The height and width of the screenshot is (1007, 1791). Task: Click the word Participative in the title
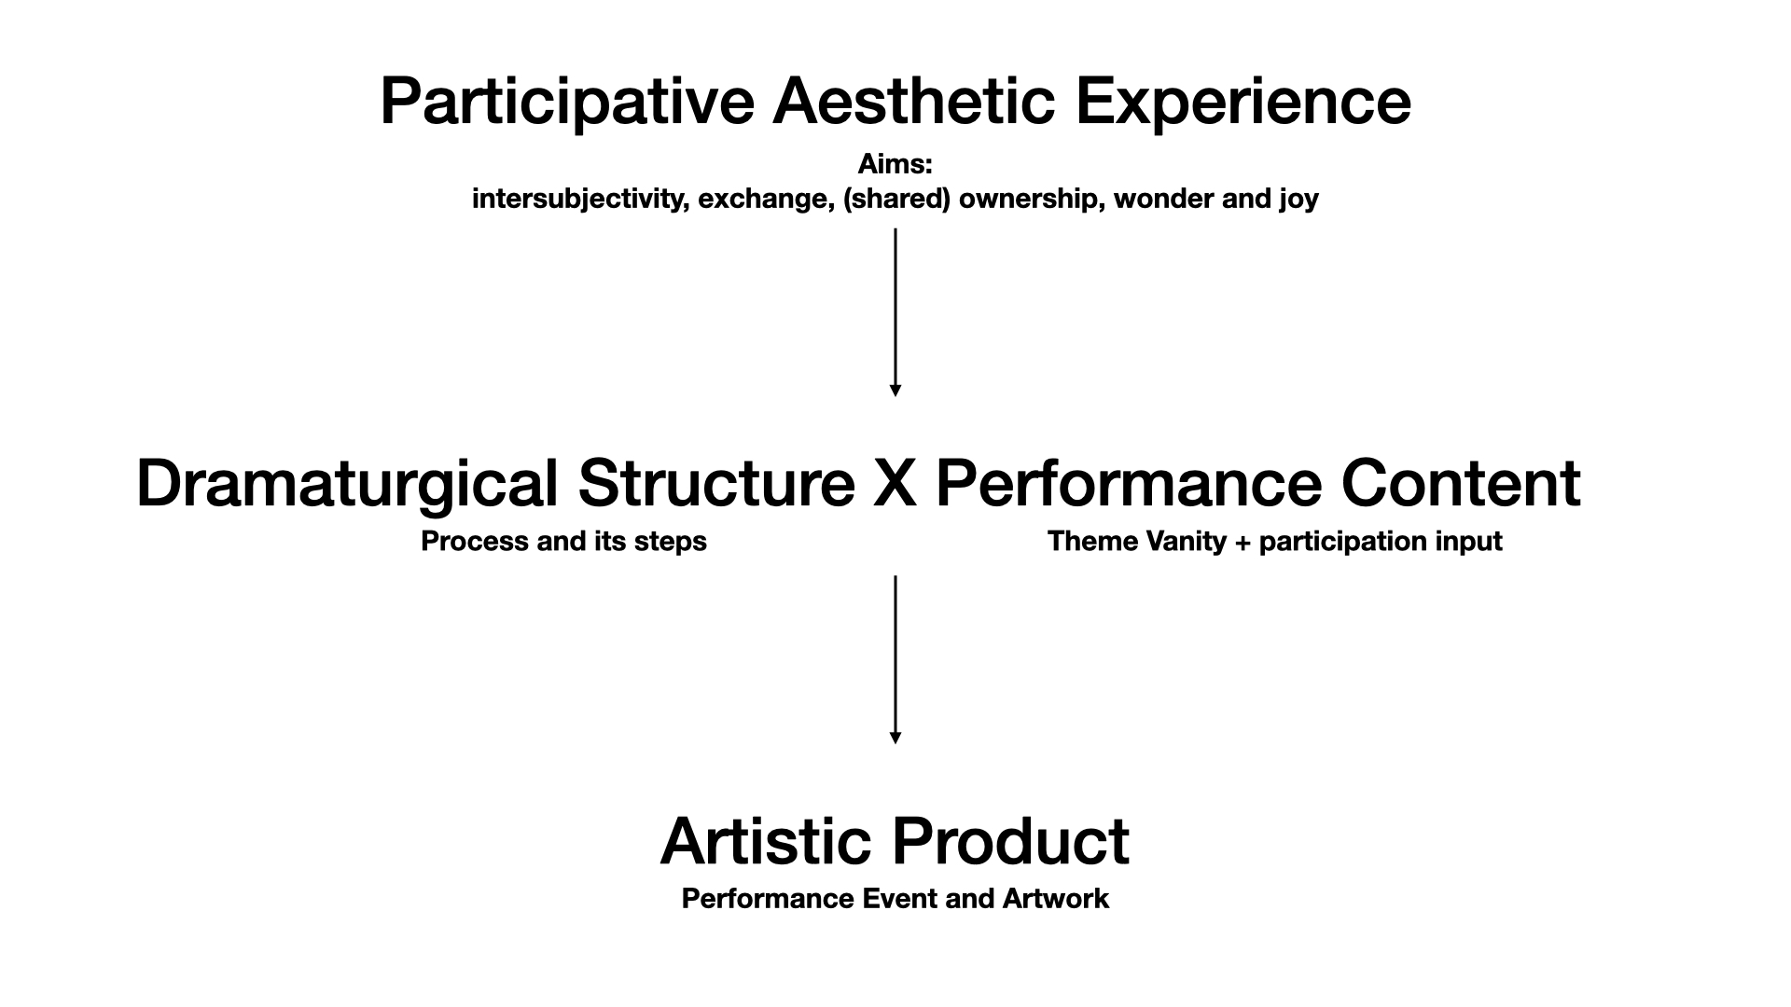(x=567, y=102)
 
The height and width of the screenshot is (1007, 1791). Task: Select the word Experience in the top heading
(x=1243, y=102)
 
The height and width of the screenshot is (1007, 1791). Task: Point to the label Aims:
(x=895, y=164)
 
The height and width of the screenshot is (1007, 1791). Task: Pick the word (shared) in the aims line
(x=896, y=200)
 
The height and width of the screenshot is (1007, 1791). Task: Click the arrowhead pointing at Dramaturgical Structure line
(x=895, y=391)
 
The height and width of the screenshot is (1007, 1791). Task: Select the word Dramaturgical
(x=347, y=485)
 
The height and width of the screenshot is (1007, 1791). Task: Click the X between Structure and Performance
(x=895, y=484)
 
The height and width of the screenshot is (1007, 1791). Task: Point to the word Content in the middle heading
(x=1461, y=484)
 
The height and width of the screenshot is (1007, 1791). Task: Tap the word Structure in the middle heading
(x=716, y=484)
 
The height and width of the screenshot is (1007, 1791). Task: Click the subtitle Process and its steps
(x=563, y=542)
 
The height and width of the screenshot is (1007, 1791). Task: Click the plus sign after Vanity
(x=1242, y=543)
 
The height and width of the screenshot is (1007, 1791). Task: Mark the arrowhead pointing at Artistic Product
(x=895, y=738)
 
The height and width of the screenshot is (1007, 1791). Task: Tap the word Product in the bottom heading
(x=1011, y=841)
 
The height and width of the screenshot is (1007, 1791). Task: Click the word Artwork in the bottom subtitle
(x=1056, y=899)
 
